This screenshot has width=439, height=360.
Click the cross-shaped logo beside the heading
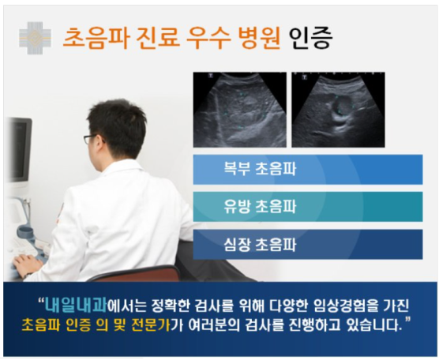pyautogui.click(x=36, y=38)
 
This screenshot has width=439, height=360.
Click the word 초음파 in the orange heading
pyautogui.click(x=96, y=38)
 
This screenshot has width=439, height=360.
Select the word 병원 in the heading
pyautogui.click(x=259, y=38)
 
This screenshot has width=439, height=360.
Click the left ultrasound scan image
pyautogui.click(x=240, y=110)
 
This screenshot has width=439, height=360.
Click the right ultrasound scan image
pyautogui.click(x=338, y=110)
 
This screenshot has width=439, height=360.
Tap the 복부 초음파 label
pyautogui.click(x=260, y=169)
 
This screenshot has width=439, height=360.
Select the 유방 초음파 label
pyautogui.click(x=260, y=207)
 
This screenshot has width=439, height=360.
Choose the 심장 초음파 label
pyautogui.click(x=260, y=245)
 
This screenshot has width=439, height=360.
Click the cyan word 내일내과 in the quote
pyautogui.click(x=76, y=306)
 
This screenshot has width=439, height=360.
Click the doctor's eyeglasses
pyautogui.click(x=92, y=139)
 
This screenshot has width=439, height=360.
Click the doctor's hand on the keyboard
pyautogui.click(x=28, y=264)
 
